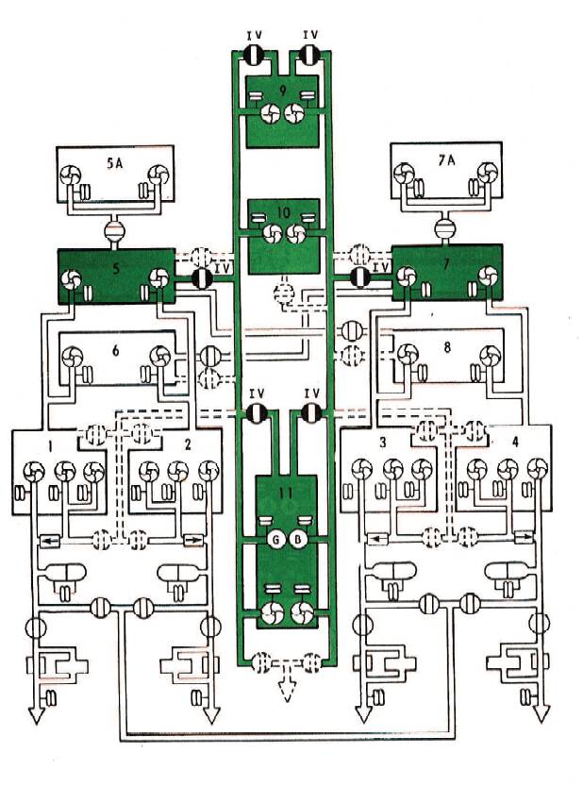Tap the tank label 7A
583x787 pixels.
tap(445, 160)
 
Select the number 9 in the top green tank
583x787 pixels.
tap(283, 91)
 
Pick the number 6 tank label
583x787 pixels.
tap(114, 349)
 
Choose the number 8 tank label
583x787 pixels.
tap(447, 346)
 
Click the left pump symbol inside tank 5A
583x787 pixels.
tap(72, 177)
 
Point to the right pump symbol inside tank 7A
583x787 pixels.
tap(488, 174)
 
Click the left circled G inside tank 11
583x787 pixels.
tap(274, 540)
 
